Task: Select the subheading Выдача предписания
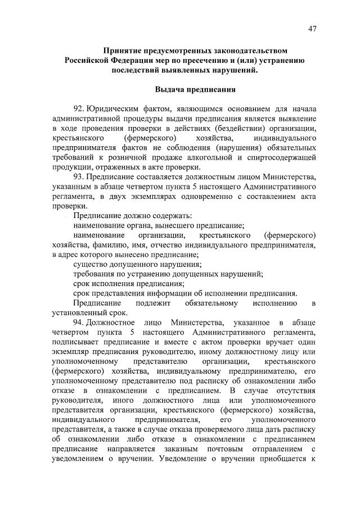[195, 89]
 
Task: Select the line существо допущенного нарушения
[138, 264]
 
